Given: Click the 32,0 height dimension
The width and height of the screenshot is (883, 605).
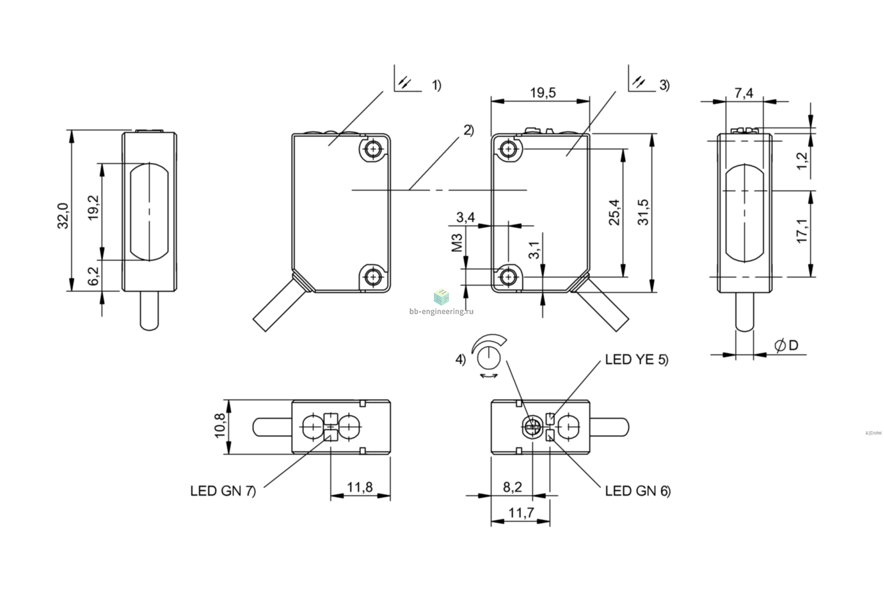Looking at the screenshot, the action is pyautogui.click(x=63, y=216).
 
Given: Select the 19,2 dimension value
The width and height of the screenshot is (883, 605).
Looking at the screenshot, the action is pyautogui.click(x=93, y=208).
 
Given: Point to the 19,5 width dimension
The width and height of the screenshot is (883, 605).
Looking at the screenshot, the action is pyautogui.click(x=543, y=93).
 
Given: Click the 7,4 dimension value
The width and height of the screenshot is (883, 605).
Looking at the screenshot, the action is pyautogui.click(x=744, y=93).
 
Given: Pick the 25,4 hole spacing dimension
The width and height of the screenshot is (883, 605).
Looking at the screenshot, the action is pyautogui.click(x=614, y=212).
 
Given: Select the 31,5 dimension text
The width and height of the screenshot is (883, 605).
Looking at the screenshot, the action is pyautogui.click(x=643, y=212).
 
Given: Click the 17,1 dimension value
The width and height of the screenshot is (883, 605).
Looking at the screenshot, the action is pyautogui.click(x=802, y=231).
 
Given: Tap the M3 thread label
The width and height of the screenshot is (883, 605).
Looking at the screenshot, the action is pyautogui.click(x=457, y=242).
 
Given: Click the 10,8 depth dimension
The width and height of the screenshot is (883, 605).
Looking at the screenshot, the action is pyautogui.click(x=219, y=425).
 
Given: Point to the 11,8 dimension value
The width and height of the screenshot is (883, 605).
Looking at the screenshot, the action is pyautogui.click(x=360, y=487).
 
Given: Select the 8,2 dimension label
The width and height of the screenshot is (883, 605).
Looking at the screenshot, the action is pyautogui.click(x=513, y=487).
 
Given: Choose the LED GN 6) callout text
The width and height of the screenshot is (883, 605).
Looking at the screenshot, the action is pyautogui.click(x=638, y=491).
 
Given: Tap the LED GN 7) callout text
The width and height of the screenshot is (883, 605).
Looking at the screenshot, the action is pyautogui.click(x=223, y=491).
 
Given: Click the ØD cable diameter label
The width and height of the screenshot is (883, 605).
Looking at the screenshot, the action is pyautogui.click(x=786, y=345).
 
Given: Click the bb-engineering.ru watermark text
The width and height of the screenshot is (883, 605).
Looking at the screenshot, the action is pyautogui.click(x=442, y=311).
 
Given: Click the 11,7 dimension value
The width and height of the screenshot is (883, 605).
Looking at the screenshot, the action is pyautogui.click(x=521, y=513).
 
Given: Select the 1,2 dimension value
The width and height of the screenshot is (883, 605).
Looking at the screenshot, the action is pyautogui.click(x=802, y=161).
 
